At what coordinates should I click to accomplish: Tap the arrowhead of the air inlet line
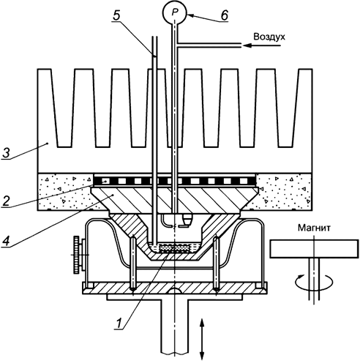[x=247, y=45]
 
